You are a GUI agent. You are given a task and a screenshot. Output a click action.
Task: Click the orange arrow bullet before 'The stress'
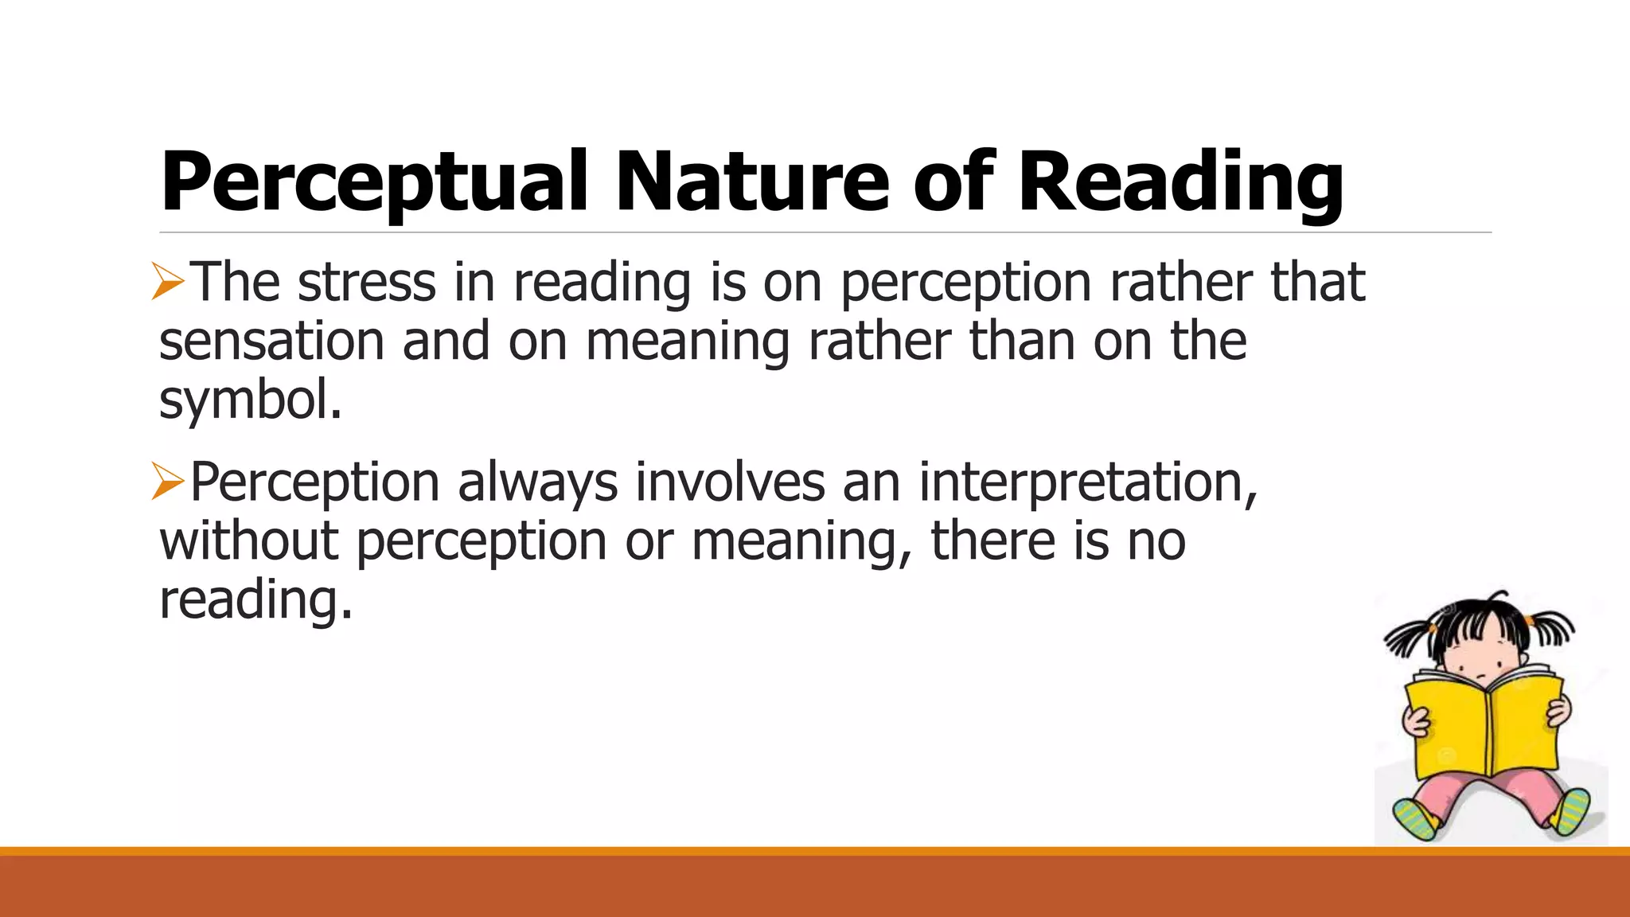(x=168, y=283)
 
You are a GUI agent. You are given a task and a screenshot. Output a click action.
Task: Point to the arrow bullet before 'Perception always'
(x=168, y=482)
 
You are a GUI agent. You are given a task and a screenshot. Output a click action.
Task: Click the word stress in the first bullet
(x=366, y=283)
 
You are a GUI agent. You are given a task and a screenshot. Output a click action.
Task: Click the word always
(x=537, y=482)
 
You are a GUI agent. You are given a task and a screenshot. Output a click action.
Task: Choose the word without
(x=249, y=541)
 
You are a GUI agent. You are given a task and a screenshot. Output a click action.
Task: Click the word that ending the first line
(x=1317, y=283)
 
